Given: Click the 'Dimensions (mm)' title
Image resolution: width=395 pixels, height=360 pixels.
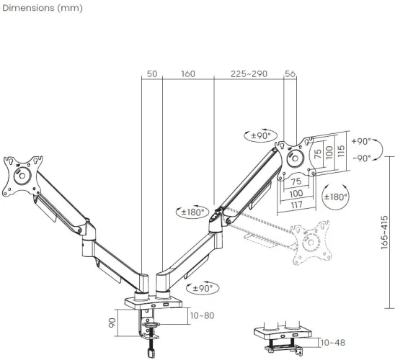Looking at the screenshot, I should tap(42, 9).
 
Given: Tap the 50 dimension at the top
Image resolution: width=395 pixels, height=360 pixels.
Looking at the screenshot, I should tap(151, 73).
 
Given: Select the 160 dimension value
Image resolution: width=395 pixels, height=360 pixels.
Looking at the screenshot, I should tap(188, 73).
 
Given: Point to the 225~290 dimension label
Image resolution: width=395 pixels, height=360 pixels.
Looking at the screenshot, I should tap(249, 73).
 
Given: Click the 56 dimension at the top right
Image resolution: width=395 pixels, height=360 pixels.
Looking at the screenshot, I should tap(291, 73).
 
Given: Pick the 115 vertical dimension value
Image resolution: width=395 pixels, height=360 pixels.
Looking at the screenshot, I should tap(343, 152).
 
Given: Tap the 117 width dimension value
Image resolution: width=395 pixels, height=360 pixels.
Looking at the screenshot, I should tap(296, 204).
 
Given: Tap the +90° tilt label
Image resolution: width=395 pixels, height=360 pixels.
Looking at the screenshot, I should tap(360, 142).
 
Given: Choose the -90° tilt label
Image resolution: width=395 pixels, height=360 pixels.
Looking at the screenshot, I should tap(360, 158).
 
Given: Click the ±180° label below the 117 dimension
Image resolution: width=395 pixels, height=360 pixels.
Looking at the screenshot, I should tap(336, 197).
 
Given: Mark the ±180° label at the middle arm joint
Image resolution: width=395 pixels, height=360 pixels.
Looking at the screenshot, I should tap(192, 212).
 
